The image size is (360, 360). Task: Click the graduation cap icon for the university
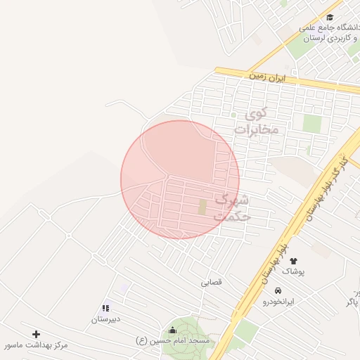point(330,18)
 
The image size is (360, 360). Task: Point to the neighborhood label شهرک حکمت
point(233,208)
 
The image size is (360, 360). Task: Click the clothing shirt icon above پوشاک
point(293,262)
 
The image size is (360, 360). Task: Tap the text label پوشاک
point(293,271)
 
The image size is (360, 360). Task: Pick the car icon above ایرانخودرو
point(278,290)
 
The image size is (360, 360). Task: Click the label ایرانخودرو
point(278,301)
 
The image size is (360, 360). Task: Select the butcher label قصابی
point(211,282)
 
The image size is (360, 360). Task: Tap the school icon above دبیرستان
point(105,308)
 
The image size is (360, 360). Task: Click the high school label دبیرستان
point(105,319)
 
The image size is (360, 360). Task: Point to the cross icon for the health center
point(36,334)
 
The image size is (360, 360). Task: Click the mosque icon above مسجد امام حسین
point(172,330)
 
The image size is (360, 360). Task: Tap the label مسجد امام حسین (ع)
point(172,341)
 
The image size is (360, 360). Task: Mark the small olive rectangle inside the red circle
point(202,207)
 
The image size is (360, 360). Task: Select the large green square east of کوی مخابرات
point(311,123)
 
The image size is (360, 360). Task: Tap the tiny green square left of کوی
point(233,115)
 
